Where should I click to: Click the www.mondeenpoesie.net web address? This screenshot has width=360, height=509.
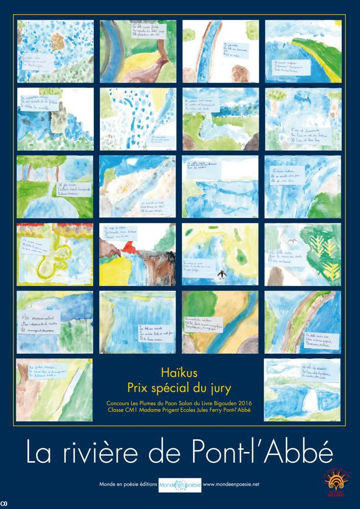click(231, 484)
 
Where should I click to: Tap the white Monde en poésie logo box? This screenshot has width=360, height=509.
click(180, 484)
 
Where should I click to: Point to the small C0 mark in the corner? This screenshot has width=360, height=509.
click(5, 505)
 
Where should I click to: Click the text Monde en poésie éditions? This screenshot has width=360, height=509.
click(128, 484)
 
